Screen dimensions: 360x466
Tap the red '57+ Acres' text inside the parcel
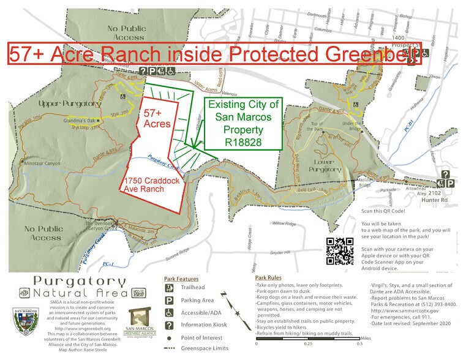point(158,119)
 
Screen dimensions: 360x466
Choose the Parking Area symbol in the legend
point(168,301)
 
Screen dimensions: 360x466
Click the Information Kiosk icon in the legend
point(168,324)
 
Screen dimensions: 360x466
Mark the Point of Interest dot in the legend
point(168,337)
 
